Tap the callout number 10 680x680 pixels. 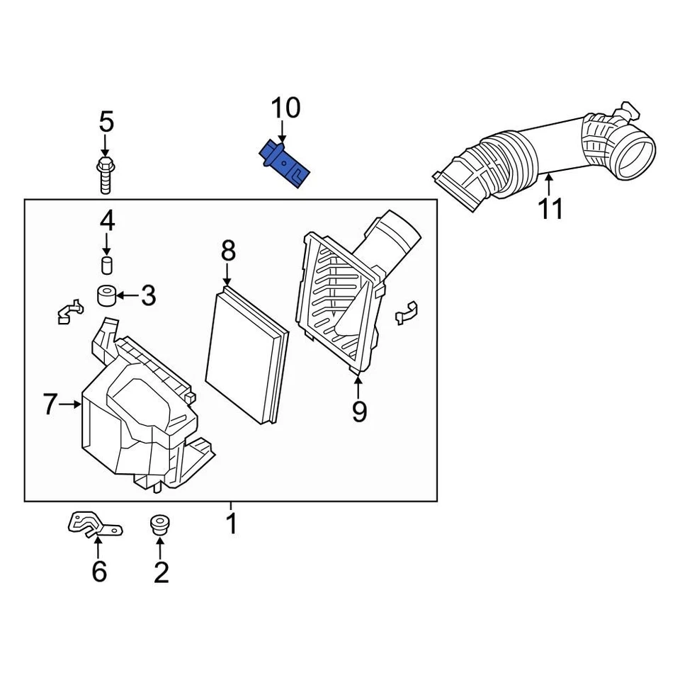click(286, 108)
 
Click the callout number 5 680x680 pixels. click(106, 122)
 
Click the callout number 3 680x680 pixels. click(147, 295)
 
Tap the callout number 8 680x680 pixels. click(227, 251)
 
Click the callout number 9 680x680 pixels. click(359, 411)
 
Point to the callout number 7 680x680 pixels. click(49, 404)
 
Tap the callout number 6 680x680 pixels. click(98, 570)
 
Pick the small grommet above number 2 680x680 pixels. click(160, 526)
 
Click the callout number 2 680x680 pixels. click(161, 572)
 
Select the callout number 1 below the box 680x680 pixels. click(231, 524)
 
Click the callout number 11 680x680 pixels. click(550, 209)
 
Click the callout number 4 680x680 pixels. click(106, 222)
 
